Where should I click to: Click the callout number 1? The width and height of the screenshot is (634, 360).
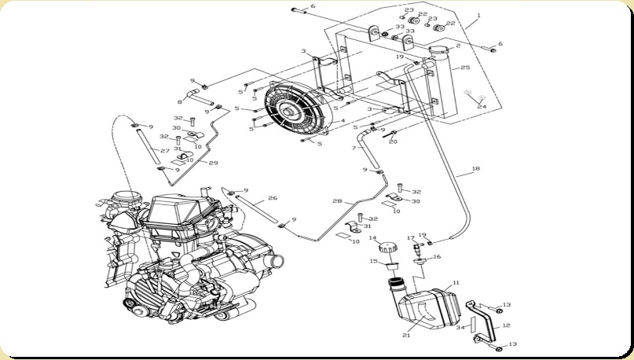478,17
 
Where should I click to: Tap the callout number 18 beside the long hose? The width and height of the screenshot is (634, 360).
475,168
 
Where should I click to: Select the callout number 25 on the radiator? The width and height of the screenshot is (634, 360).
465,68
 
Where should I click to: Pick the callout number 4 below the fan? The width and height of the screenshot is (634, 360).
342,121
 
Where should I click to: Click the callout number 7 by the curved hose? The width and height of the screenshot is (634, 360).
354,148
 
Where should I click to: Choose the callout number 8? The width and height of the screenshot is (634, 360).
180,102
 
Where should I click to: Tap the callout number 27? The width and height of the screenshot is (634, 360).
164,150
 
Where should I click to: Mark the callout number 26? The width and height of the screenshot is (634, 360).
272,198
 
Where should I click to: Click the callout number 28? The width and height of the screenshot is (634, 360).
337,202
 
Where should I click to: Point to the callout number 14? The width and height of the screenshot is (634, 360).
374,238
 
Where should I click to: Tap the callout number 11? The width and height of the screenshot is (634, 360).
456,283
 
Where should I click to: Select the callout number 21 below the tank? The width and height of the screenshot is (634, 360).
406,336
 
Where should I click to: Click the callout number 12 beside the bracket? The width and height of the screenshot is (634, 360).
506,325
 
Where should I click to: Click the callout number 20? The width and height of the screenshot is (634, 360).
394,142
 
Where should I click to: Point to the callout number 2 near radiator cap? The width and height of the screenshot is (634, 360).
458,46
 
